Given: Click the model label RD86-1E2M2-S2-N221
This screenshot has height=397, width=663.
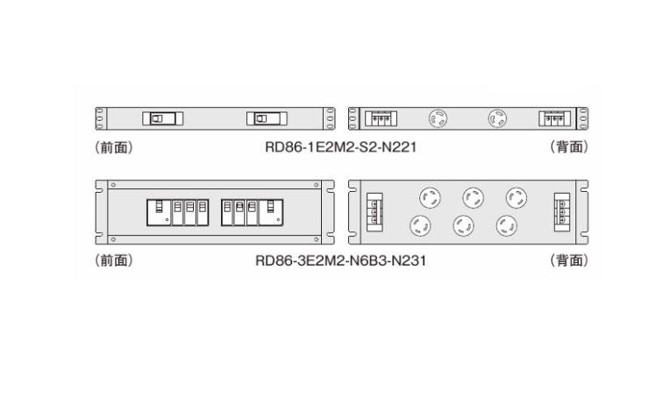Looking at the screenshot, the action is pyautogui.click(x=341, y=147).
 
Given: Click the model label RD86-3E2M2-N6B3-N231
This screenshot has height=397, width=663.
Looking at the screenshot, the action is pyautogui.click(x=341, y=260).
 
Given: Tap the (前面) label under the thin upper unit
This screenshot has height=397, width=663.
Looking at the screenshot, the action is pyautogui.click(x=114, y=147).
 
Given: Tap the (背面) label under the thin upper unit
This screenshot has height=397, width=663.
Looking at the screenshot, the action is pyautogui.click(x=569, y=147).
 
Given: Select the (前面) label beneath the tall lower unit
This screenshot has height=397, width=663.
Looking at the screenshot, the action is pyautogui.click(x=114, y=260).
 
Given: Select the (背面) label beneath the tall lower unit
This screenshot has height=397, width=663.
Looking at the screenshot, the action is pyautogui.click(x=569, y=260).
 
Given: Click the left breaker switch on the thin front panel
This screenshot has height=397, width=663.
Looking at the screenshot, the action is pyautogui.click(x=163, y=118).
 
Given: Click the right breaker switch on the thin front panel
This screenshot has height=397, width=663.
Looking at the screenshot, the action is pyautogui.click(x=267, y=118).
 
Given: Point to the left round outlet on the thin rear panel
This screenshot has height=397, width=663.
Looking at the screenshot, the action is pyautogui.click(x=438, y=118).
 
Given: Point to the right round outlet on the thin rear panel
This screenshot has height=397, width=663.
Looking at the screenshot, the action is pyautogui.click(x=497, y=118).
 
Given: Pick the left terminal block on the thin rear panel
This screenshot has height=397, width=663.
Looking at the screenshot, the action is pyautogui.click(x=381, y=118).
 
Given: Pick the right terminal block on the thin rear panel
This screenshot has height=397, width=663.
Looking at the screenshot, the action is pyautogui.click(x=554, y=118).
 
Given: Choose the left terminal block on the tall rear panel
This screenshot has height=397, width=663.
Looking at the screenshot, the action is pyautogui.click(x=374, y=212).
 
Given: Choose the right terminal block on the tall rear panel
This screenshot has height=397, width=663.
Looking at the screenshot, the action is pyautogui.click(x=562, y=212).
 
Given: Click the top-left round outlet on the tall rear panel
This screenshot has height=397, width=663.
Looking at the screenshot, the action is pyautogui.click(x=430, y=198).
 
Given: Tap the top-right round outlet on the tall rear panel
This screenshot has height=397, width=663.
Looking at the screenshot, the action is pyautogui.click(x=517, y=198).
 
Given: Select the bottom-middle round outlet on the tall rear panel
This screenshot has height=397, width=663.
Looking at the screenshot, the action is pyautogui.click(x=463, y=226).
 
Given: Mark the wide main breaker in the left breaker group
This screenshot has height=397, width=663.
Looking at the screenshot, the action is pyautogui.click(x=159, y=212).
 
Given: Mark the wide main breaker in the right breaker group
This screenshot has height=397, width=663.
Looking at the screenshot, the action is pyautogui.click(x=271, y=212).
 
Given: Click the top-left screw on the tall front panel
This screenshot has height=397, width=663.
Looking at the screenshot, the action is pyautogui.click(x=113, y=185).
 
